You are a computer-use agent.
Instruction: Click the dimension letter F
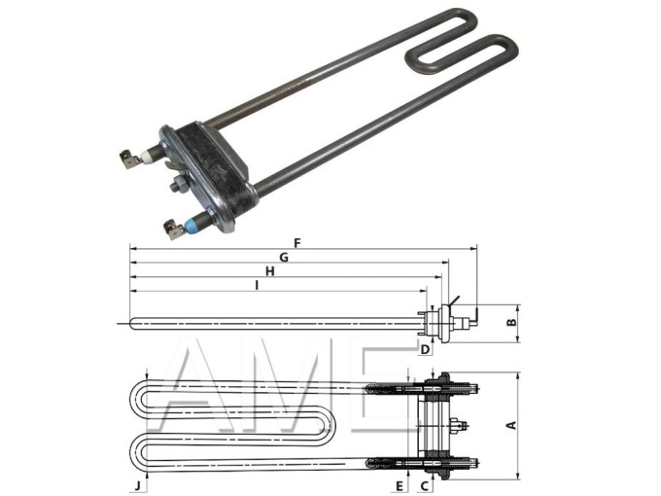coord(296,243)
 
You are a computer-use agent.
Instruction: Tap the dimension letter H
coord(270,272)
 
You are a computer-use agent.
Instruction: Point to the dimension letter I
coord(257,286)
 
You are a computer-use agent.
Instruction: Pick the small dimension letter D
coord(425,348)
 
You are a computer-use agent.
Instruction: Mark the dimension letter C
coord(424,483)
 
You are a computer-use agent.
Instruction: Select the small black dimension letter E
coord(399,483)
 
